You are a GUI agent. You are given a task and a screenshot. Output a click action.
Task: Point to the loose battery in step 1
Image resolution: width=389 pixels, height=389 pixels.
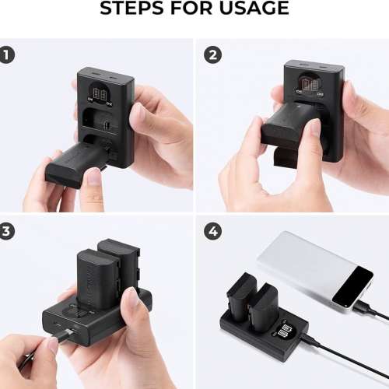74,163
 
